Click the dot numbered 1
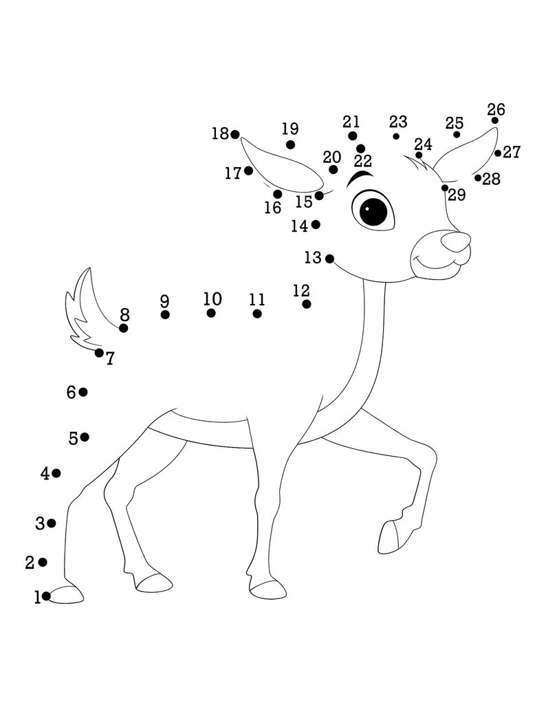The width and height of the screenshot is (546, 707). (x=46, y=596)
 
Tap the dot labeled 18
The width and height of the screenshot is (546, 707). (x=235, y=135)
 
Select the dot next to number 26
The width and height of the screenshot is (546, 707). (x=495, y=120)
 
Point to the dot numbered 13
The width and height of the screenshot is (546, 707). (x=329, y=259)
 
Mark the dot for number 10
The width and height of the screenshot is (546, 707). (x=211, y=313)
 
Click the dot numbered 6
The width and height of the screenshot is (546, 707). (x=83, y=392)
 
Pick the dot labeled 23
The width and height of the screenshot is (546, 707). (x=396, y=136)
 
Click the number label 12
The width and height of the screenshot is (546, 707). (x=301, y=291)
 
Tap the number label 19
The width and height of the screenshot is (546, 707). (x=290, y=129)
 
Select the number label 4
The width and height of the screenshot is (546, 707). (x=45, y=474)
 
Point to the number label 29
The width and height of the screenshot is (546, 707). (x=457, y=195)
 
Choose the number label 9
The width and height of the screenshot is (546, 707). (x=164, y=301)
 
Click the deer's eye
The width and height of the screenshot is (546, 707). (x=373, y=210)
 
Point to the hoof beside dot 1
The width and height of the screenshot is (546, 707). (x=67, y=594)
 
